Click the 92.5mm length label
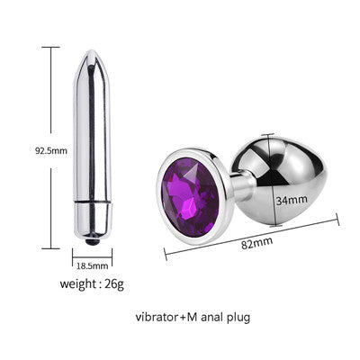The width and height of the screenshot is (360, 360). (x=51, y=150)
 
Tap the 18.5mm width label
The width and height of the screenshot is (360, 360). (x=92, y=265)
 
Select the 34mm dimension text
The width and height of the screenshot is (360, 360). (x=292, y=200)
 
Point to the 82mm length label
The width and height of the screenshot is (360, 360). (x=257, y=243)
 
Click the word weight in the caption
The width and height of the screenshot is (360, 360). (x=77, y=284)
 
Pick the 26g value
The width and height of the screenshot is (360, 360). (x=114, y=284)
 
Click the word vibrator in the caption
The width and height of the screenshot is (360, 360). (x=157, y=317)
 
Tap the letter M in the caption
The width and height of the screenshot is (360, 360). (x=192, y=317)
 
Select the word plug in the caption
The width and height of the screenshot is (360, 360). (x=238, y=318)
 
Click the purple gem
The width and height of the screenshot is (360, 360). (x=190, y=197)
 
